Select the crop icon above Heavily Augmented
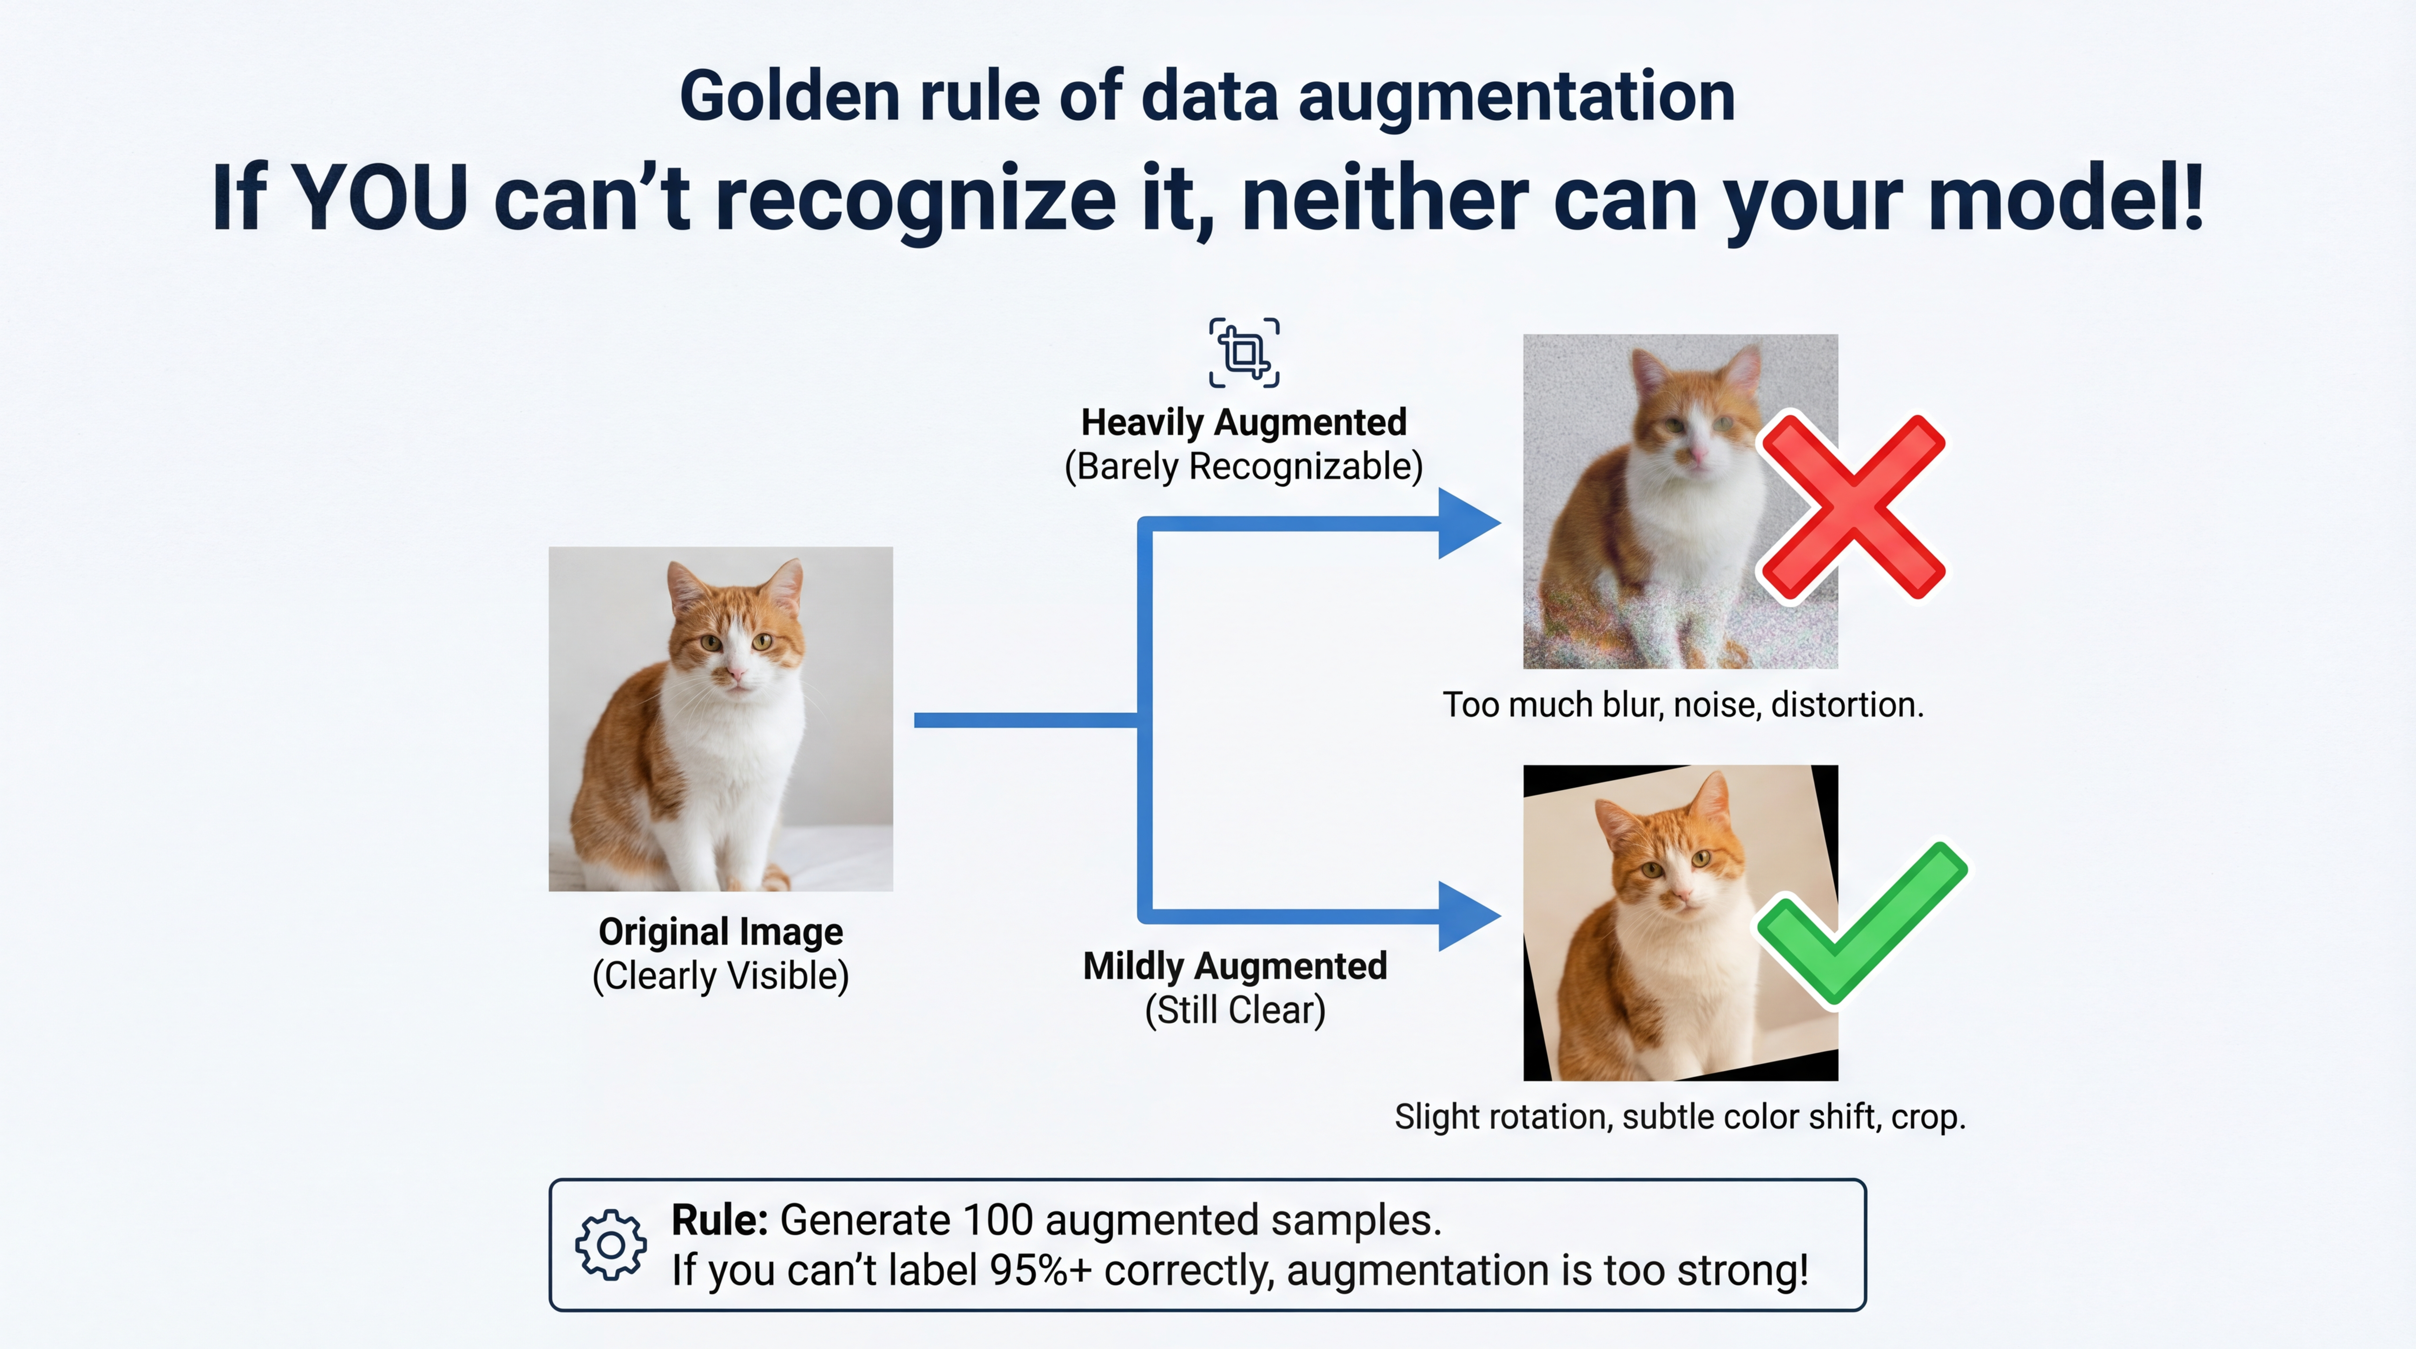pos(1244,353)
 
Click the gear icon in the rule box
pos(611,1244)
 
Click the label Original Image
pos(720,931)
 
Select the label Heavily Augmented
pos(1244,422)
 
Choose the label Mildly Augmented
pos(1234,965)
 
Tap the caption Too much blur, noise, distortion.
pos(1683,704)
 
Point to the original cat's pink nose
pos(737,674)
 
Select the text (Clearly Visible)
pos(720,976)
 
